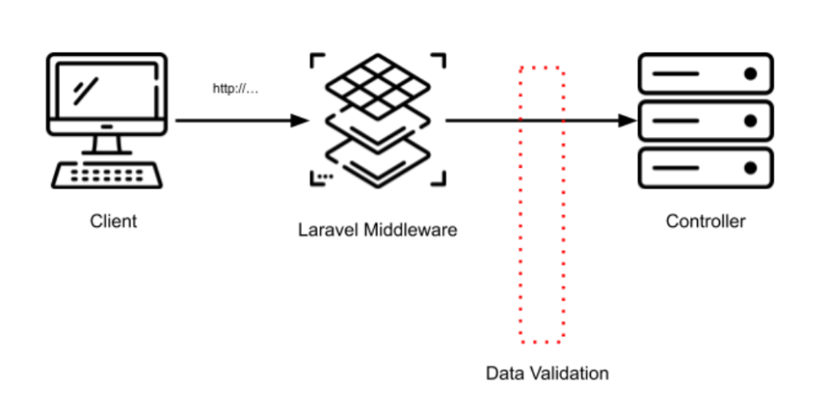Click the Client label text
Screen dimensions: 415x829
(113, 221)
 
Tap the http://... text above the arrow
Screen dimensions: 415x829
(235, 89)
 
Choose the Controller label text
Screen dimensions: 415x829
(705, 221)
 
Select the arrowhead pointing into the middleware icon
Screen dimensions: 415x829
(300, 121)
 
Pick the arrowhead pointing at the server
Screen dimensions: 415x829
(629, 121)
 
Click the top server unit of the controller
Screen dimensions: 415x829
(705, 74)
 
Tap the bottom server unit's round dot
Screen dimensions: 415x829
(750, 169)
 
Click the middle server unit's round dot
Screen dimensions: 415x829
(750, 122)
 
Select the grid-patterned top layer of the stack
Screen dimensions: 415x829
(377, 84)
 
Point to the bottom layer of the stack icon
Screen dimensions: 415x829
(377, 159)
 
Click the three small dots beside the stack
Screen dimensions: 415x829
(325, 175)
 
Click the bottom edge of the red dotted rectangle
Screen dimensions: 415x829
(542, 341)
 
